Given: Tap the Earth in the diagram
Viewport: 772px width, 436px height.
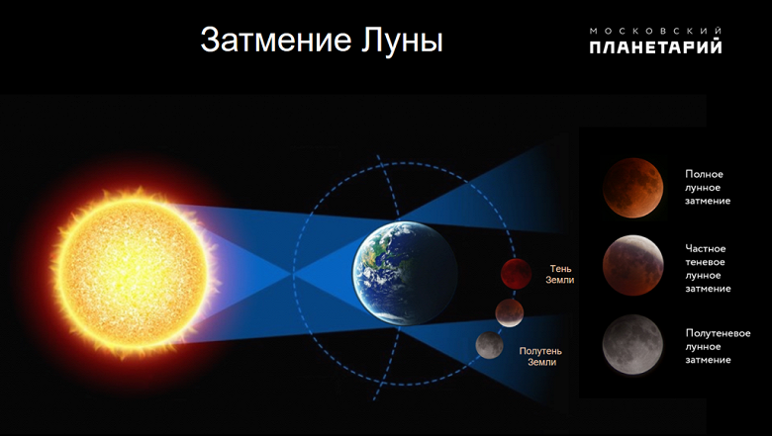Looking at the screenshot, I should coord(400,272).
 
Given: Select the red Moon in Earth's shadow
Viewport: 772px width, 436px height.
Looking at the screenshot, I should coord(515,271).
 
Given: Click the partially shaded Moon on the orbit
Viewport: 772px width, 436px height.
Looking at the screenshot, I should coord(510,311).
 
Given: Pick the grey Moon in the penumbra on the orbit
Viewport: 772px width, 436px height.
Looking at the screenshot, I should coord(489,344).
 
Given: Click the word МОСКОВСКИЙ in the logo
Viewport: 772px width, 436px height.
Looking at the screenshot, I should coord(655,31).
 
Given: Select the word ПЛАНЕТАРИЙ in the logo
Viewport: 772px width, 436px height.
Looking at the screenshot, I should coord(655,46).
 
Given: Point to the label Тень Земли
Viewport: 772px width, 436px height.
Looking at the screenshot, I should coord(560,274).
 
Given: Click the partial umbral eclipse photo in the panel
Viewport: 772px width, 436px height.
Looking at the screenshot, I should coord(632,263).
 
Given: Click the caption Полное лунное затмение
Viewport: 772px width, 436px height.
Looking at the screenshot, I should coord(708,187).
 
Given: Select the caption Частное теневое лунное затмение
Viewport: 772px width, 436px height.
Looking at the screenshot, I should coord(708,269).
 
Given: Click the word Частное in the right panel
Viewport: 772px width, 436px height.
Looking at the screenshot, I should coord(706,248).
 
